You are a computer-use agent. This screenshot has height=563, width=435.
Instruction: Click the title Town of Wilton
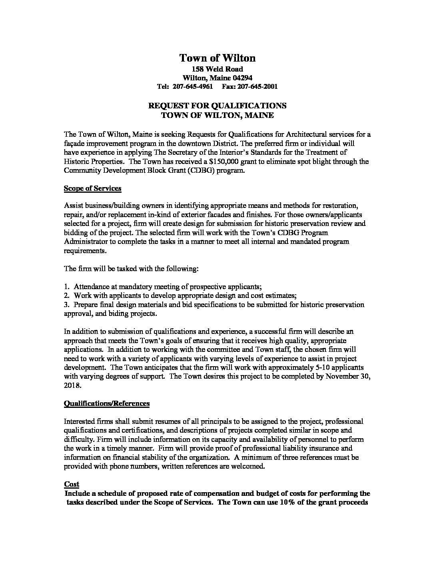coord(217,58)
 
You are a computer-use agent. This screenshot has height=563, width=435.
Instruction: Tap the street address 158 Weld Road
coord(217,69)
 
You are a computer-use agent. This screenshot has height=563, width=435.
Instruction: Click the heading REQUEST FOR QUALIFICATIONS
coord(217,106)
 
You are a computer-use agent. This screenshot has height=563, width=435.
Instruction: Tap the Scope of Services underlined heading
coord(92,188)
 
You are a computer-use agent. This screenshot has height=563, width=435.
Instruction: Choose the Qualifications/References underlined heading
coord(107,403)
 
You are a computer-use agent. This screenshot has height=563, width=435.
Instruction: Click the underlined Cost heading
coord(72,484)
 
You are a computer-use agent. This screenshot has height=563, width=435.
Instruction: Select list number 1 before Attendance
coord(66,287)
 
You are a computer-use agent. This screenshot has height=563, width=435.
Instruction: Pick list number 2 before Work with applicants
coord(66,295)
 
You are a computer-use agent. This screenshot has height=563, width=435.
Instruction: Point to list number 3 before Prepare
coord(66,305)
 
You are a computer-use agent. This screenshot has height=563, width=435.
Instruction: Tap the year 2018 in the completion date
coord(72,386)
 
